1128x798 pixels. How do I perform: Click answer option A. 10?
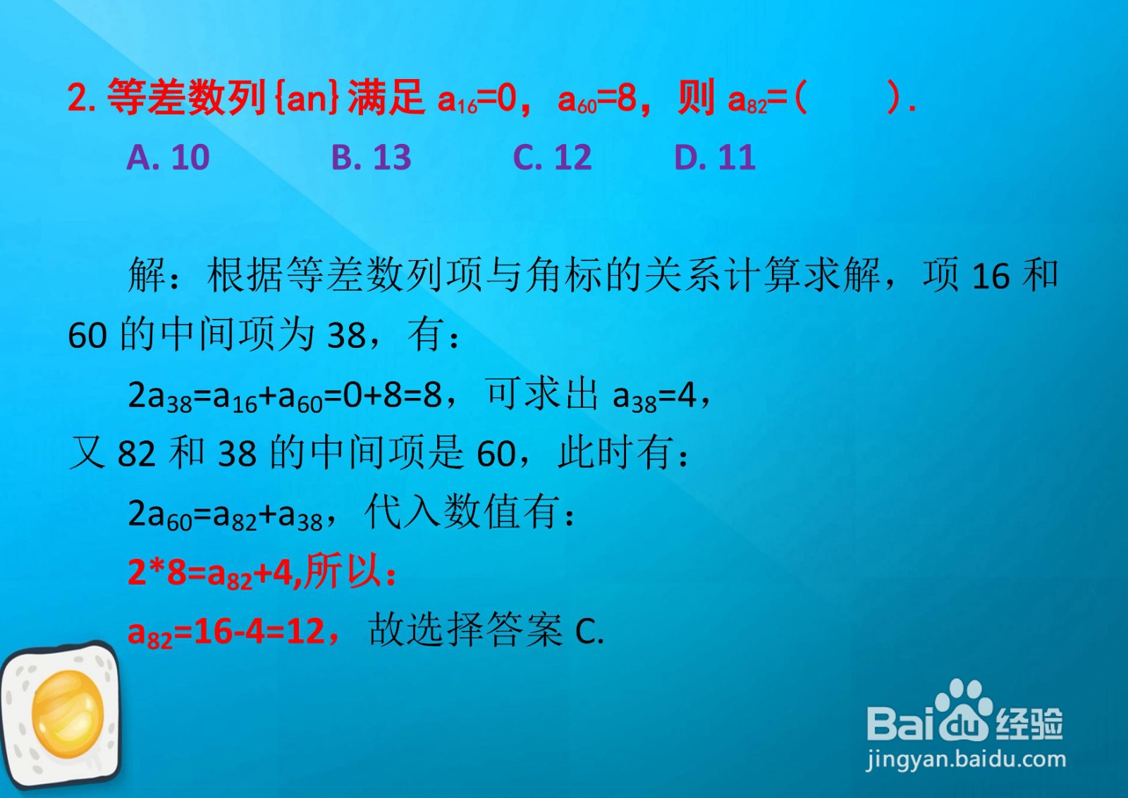point(168,157)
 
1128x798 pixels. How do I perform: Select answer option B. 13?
point(371,157)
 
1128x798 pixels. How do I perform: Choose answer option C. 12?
point(552,157)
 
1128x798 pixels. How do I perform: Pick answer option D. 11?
point(714,157)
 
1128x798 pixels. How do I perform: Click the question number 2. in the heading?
point(82,98)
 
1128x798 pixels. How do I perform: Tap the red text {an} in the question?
point(307,98)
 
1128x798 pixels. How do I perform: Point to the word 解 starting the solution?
point(147,275)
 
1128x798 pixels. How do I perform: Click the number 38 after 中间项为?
point(347,336)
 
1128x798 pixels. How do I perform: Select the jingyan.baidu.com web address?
point(966,759)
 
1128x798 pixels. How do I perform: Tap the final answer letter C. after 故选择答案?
point(589,632)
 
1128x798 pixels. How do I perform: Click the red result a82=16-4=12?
point(226,632)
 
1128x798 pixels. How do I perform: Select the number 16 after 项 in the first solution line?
point(990,277)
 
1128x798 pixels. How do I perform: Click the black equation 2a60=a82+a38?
point(226,515)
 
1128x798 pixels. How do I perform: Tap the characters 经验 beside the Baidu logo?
point(1029,723)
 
